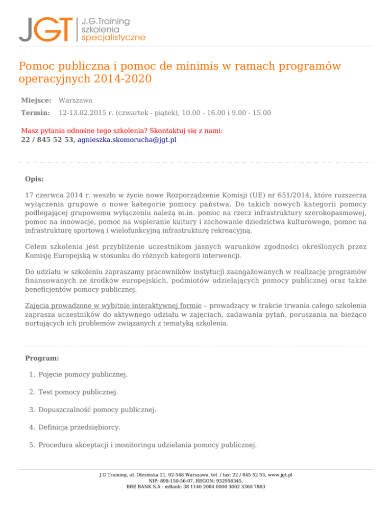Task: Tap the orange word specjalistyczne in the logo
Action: point(113,37)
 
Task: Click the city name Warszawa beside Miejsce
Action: point(76,100)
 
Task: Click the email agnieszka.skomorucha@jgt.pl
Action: point(127,140)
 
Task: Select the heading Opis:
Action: point(34,179)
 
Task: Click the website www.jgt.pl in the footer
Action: point(279,474)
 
